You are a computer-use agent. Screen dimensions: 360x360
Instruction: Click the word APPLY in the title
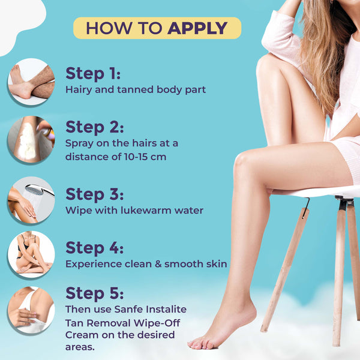[197, 28]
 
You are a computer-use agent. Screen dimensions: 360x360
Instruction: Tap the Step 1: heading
[93, 73]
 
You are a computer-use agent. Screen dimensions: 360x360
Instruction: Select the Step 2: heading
[95, 127]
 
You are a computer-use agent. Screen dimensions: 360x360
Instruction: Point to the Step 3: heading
[95, 194]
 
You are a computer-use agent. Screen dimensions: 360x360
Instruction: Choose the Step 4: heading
[95, 248]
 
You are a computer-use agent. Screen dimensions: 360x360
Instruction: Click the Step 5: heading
[95, 293]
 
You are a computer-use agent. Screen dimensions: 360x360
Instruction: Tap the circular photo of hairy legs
[31, 82]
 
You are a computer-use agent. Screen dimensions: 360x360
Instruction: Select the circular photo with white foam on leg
[31, 139]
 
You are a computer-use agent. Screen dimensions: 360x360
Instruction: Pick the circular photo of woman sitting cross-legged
[31, 254]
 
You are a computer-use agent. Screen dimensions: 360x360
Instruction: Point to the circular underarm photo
[31, 310]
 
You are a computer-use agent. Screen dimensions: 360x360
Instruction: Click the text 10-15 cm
[145, 157]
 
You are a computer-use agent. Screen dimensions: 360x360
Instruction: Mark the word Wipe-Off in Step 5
[157, 323]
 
